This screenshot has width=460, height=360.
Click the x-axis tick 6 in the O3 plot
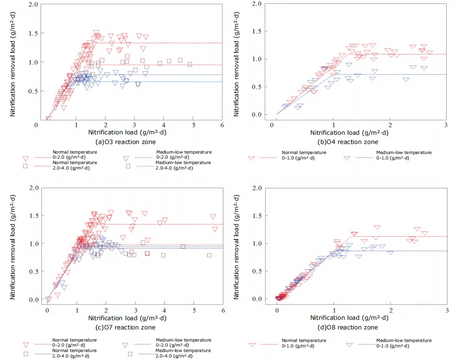pyautogui.click(x=222, y=125)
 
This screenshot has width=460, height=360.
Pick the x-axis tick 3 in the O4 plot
pyautogui.click(x=446, y=125)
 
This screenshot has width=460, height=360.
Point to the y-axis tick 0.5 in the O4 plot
pyautogui.click(x=253, y=87)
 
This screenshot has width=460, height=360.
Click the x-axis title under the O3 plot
pyautogui.click(x=129, y=132)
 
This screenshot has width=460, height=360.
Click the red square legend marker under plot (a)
pyautogui.click(x=26, y=166)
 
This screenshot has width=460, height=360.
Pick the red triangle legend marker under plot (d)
pyautogui.click(x=252, y=345)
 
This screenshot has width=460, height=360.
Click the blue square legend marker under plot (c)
pyautogui.click(x=130, y=354)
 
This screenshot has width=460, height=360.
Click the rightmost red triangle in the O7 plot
pyautogui.click(x=215, y=229)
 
